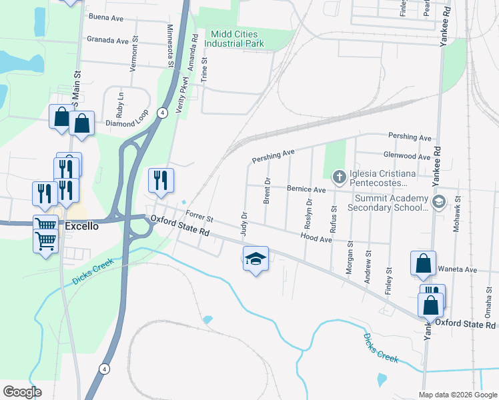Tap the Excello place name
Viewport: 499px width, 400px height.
[x=81, y=226]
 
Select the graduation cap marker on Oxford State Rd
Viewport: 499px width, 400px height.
[x=256, y=259]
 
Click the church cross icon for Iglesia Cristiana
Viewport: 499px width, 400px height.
[x=339, y=177]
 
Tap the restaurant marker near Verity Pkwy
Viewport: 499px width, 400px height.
[x=161, y=180]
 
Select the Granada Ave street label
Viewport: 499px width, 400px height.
[x=107, y=40]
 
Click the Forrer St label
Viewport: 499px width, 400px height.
[x=199, y=216]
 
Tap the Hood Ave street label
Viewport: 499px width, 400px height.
[x=316, y=237]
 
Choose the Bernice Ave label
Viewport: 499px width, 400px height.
[x=306, y=189]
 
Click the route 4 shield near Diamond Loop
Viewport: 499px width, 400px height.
[x=161, y=112]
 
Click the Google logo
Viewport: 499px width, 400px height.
[x=21, y=391]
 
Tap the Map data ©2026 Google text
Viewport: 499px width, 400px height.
[x=457, y=395]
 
